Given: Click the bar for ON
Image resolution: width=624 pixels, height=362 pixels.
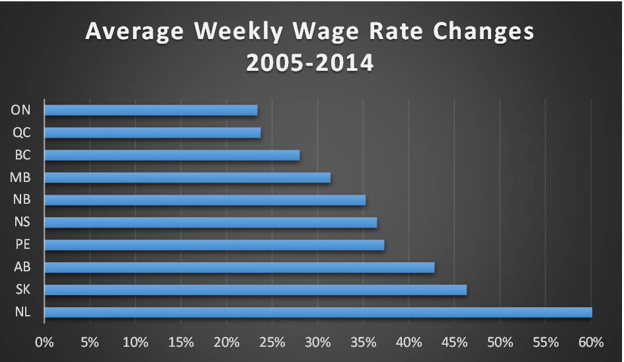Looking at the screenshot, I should [x=151, y=111].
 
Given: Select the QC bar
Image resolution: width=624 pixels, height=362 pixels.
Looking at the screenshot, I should [x=153, y=132].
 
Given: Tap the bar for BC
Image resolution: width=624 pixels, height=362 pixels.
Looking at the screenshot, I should [x=172, y=155].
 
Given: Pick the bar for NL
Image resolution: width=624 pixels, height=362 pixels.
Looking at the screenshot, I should [x=318, y=312].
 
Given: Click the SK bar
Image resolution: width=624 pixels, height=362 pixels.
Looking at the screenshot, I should [x=255, y=290].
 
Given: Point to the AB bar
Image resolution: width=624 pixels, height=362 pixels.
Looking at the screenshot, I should [x=239, y=267].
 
